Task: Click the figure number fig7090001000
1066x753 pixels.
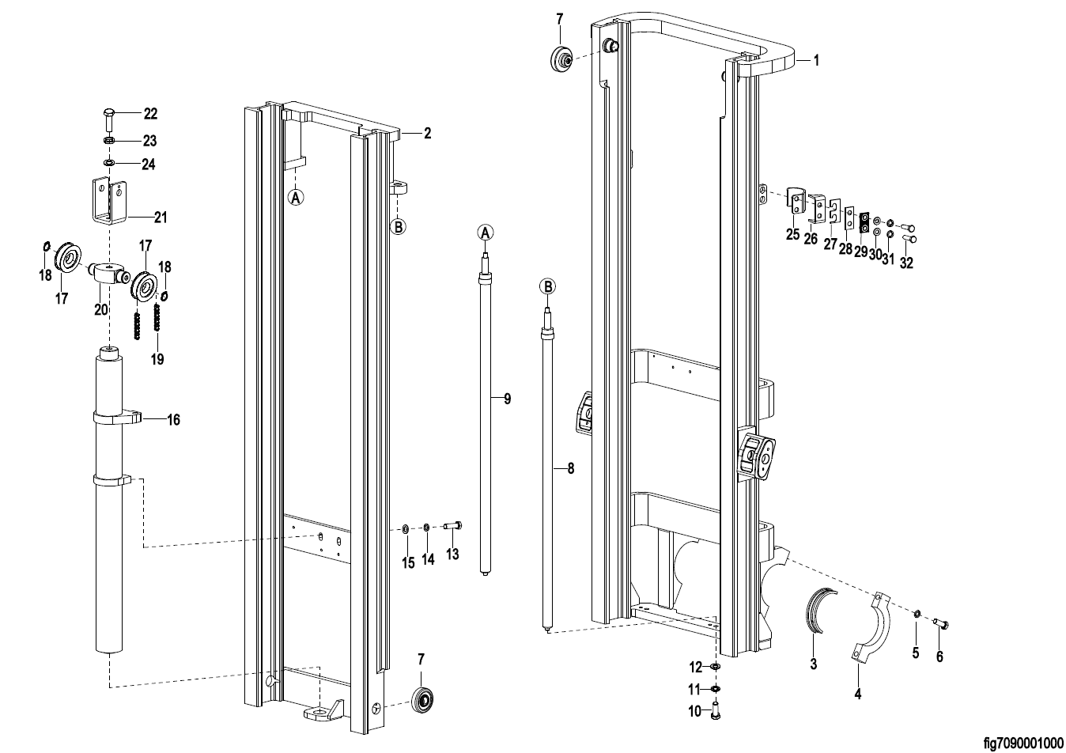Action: [x=1023, y=743]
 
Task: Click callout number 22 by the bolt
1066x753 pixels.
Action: [x=150, y=114]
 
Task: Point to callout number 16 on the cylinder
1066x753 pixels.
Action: [x=174, y=420]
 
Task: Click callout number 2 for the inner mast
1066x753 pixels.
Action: [x=427, y=133]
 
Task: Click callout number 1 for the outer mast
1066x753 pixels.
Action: [x=816, y=60]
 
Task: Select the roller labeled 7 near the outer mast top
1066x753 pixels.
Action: [x=561, y=59]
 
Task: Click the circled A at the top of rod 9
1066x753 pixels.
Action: [x=485, y=233]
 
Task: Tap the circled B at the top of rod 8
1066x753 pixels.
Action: [x=548, y=286]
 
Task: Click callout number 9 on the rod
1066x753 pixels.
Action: [x=508, y=399]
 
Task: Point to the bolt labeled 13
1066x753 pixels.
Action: [x=452, y=526]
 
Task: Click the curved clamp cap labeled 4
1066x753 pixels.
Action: [x=871, y=627]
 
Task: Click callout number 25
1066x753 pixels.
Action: [x=792, y=234]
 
